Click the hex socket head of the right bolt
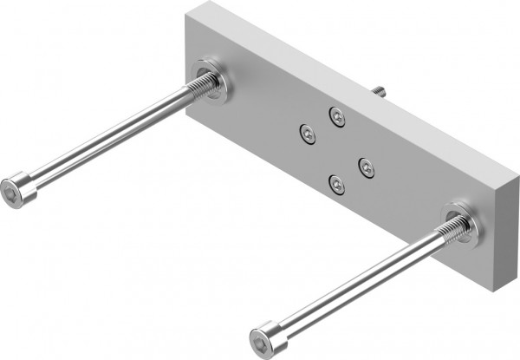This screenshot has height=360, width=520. pos(261,337)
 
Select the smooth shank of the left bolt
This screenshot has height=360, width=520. pos(104,139)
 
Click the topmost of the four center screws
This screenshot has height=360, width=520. pos(337,115)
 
